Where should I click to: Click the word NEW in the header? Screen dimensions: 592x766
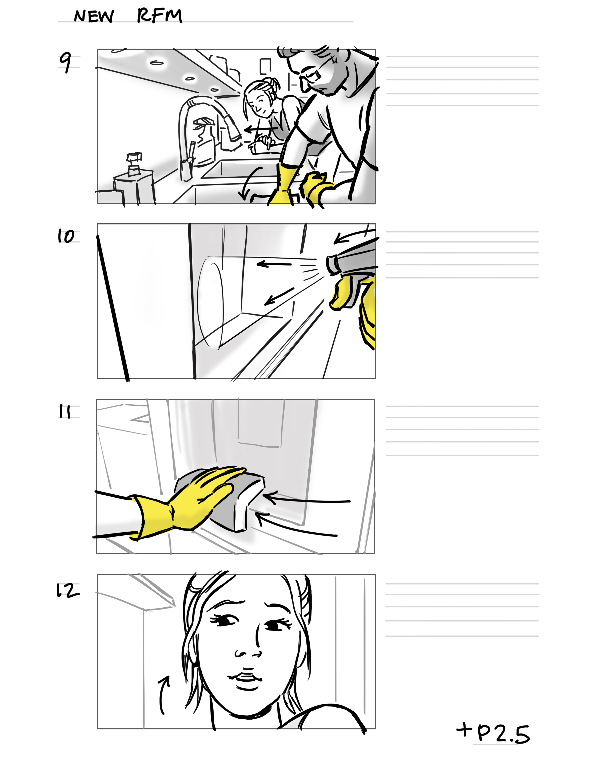pyautogui.click(x=94, y=16)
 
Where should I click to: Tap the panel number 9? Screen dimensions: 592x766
pyautogui.click(x=65, y=62)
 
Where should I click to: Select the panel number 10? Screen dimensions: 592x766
pyautogui.click(x=66, y=236)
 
